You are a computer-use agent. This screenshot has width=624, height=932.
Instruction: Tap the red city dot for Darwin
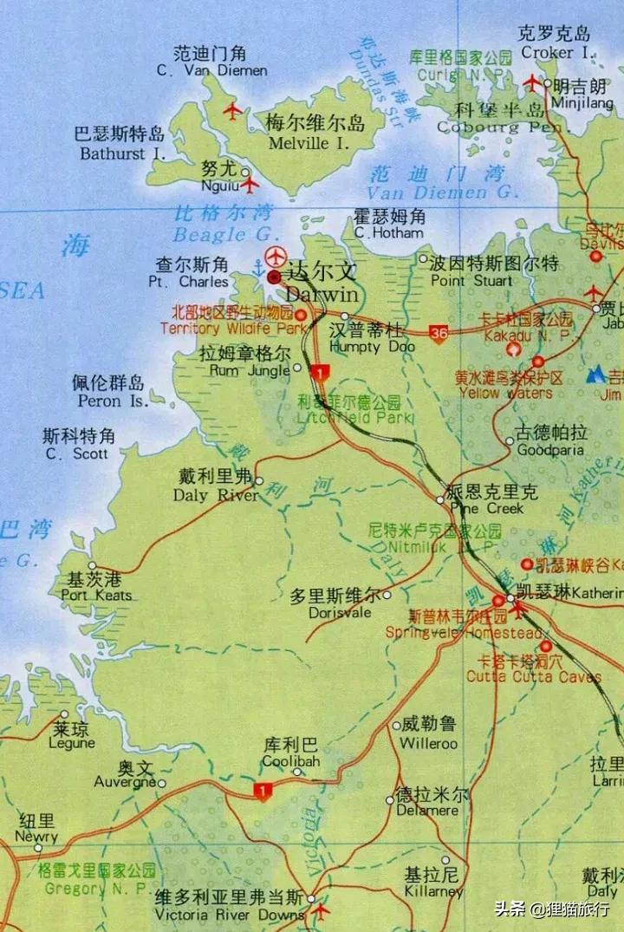pos(274,277)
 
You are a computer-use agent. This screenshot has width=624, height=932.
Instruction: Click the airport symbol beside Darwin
pos(276,257)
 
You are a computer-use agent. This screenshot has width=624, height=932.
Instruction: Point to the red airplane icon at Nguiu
pos(250,185)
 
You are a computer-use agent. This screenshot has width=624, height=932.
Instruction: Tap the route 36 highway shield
pos(439,332)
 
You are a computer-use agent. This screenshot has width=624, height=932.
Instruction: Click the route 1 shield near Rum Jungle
pos(320,373)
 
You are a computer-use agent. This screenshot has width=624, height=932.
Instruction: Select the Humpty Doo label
pos(367,339)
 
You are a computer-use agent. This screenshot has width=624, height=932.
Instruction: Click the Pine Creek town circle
pos(439,499)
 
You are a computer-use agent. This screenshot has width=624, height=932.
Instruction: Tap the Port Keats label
pos(96,587)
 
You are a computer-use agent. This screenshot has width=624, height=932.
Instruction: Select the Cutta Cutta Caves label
pos(533,668)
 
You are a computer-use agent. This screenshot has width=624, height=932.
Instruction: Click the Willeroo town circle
pos(396,726)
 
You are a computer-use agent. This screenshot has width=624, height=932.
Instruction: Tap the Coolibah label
pos(291,753)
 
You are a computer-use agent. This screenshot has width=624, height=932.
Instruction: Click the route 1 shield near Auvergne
pos(262,791)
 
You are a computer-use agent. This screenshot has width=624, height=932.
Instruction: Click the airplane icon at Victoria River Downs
pos(321,911)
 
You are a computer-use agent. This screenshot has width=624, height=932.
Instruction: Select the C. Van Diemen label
pos(211,62)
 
